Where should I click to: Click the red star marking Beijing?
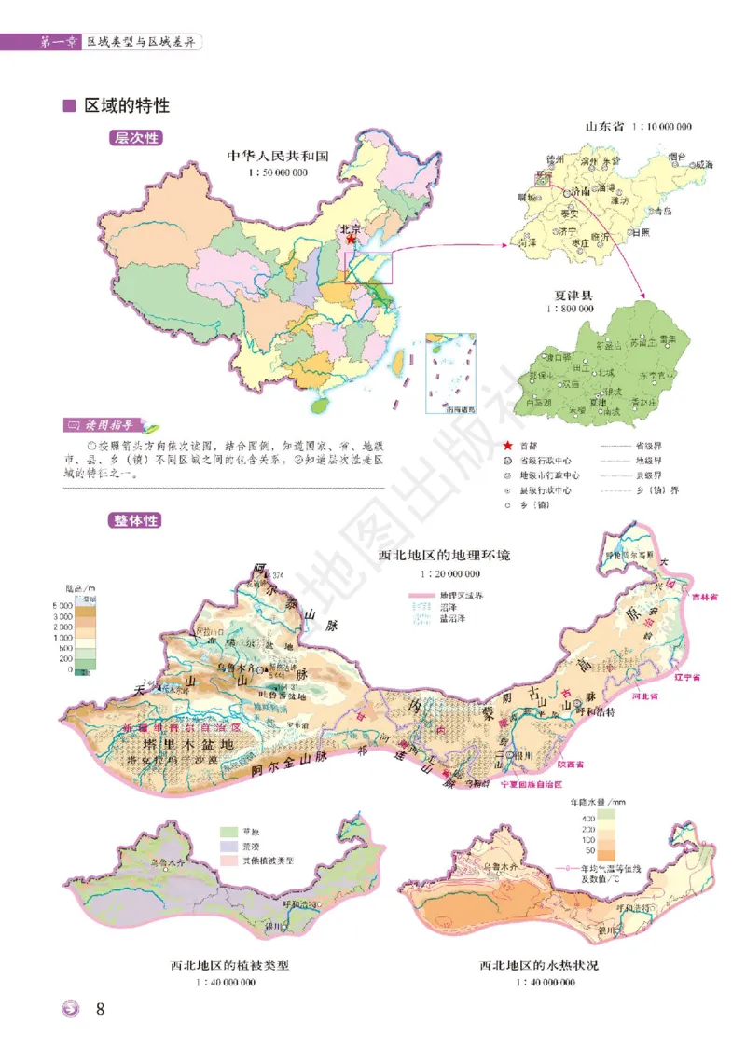tap(351, 240)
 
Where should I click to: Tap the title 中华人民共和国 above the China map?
tap(278, 157)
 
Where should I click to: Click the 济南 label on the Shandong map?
tap(580, 192)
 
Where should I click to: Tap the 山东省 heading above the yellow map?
tap(603, 125)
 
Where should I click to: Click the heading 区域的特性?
tap(127, 105)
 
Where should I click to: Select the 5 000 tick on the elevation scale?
tap(62, 606)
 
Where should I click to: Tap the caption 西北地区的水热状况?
tap(539, 965)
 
